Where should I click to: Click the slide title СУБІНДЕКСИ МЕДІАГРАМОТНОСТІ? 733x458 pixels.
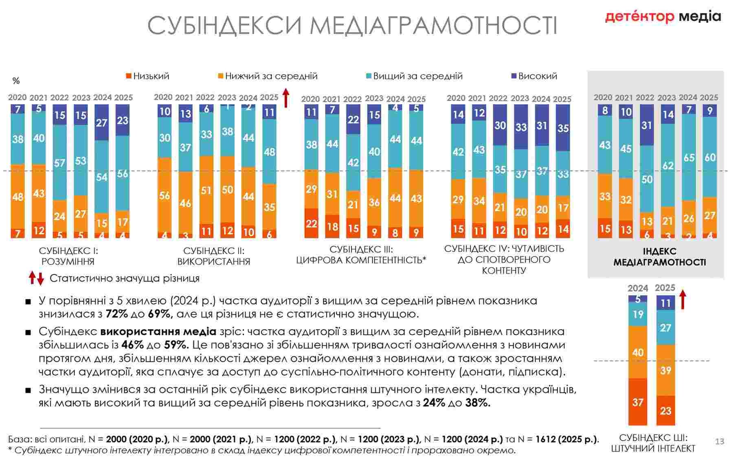tap(352, 25)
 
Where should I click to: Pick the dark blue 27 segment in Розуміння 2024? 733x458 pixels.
tap(102, 123)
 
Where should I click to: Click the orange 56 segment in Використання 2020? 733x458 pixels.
tap(165, 195)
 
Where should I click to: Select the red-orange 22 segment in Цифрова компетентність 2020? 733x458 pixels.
tap(312, 223)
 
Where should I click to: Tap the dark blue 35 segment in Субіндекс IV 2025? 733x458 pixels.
tap(563, 128)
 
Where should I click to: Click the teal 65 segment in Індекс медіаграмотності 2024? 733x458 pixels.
tap(689, 157)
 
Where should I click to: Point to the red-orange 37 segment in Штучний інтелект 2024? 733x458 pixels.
tap(638, 402)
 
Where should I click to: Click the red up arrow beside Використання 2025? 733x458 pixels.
tap(286, 98)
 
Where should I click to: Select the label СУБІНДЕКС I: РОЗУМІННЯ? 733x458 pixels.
tap(68, 256)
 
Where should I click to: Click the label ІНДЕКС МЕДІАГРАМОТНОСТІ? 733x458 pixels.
tap(659, 257)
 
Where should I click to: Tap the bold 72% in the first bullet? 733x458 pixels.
tap(116, 314)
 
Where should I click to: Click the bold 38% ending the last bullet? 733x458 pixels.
tap(478, 403)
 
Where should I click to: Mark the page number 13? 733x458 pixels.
tap(720, 441)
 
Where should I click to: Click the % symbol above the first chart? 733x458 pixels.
tap(16, 81)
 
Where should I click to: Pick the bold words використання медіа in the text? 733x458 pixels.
tap(158, 331)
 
